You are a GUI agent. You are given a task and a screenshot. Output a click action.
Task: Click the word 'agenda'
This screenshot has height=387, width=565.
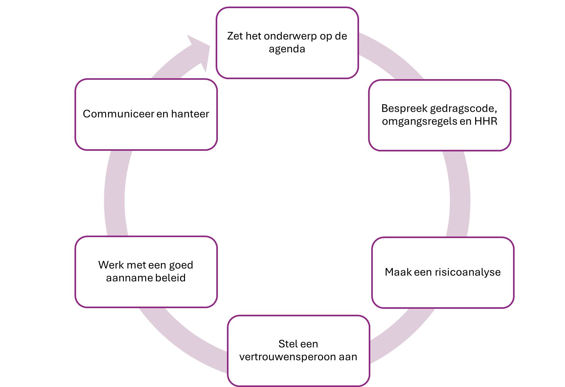click(287, 49)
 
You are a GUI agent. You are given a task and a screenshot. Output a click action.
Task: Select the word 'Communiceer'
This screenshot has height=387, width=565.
click(118, 114)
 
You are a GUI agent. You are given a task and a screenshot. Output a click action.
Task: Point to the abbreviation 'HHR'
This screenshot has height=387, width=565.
click(485, 121)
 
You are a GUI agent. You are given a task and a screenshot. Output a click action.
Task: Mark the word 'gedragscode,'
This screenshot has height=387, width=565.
click(463, 109)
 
